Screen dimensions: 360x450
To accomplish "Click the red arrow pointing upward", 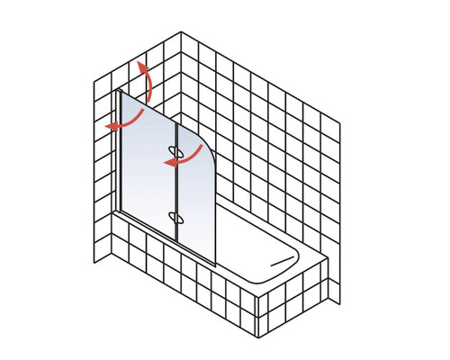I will (x=148, y=85).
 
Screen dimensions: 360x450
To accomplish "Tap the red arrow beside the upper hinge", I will (x=176, y=157).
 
